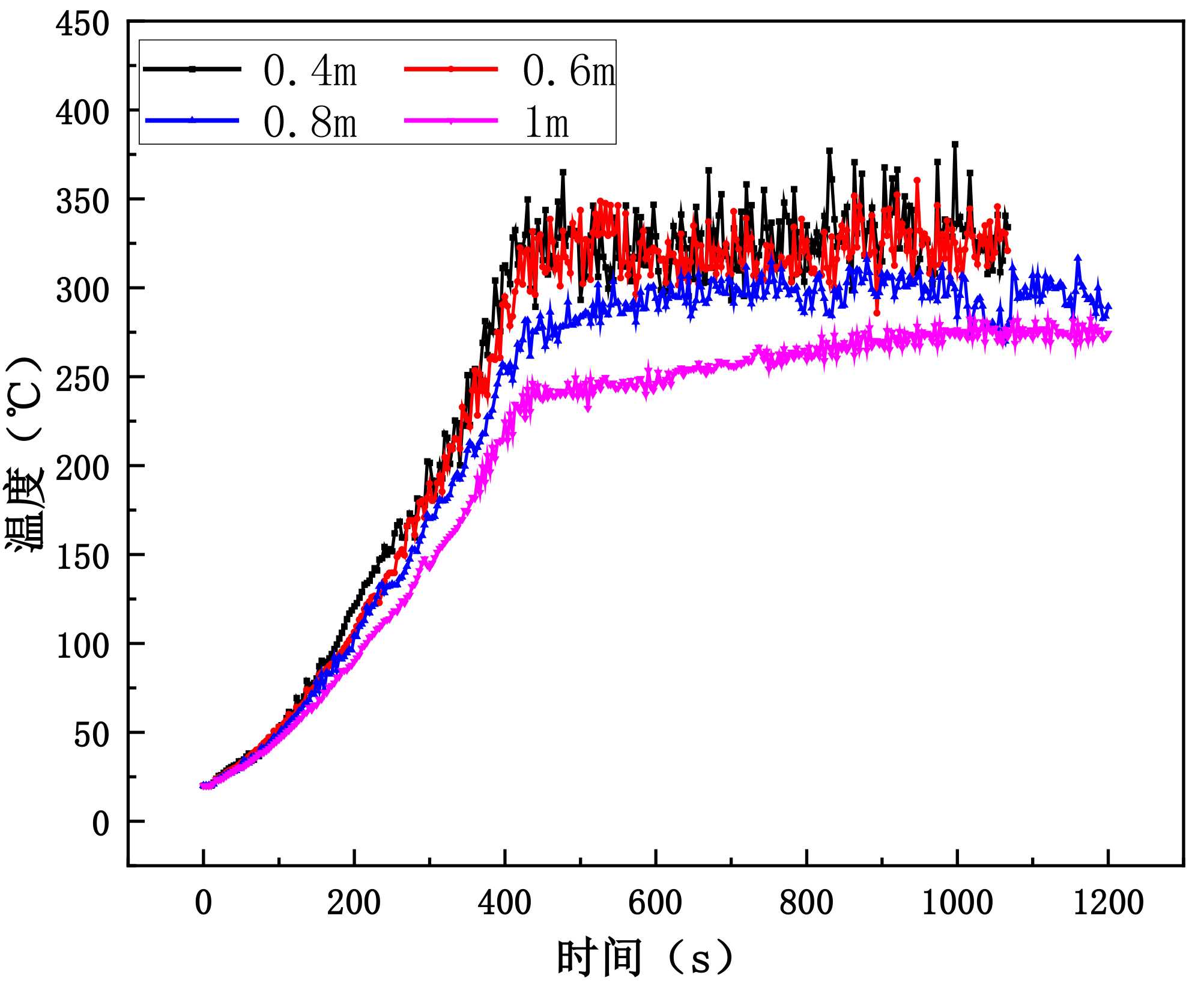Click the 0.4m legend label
tap(310, 71)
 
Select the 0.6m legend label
tap(569, 71)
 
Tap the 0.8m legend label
tap(310, 123)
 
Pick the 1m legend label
tap(546, 123)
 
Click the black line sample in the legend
tap(192, 69)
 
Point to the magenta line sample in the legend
tap(451, 121)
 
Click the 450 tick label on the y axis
tap(83, 25)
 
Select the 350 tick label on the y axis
tap(83, 202)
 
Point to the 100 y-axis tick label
tap(83, 646)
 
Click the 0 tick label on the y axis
tap(100, 824)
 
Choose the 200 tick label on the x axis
tap(354, 903)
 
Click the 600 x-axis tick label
tap(655, 903)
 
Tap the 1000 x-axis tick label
tap(957, 903)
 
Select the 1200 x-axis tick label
tap(1107, 903)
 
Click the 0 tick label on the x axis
tap(204, 903)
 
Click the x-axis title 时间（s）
tap(646, 958)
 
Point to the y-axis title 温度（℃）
tap(25, 454)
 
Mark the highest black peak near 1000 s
tap(955, 144)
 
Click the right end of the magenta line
tap(1108, 334)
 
